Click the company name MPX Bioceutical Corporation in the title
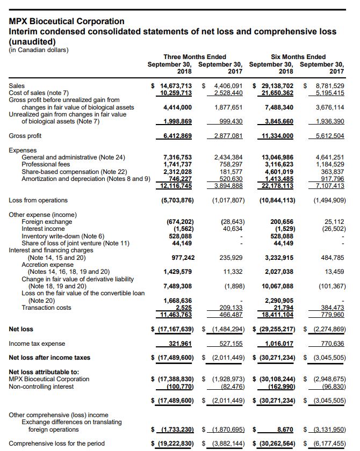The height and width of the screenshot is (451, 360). [x=67, y=21]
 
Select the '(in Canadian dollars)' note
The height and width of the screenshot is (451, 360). [x=39, y=50]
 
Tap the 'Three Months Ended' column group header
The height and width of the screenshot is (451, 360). [x=195, y=57]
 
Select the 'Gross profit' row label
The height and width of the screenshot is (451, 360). [x=25, y=136]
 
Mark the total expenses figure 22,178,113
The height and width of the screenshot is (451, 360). [x=277, y=185]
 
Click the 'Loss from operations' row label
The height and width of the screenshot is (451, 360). [x=39, y=200]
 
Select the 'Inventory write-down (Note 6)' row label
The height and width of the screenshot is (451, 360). [x=63, y=235]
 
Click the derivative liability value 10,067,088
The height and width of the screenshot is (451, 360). [x=277, y=286]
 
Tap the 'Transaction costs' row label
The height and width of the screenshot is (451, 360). [x=46, y=307]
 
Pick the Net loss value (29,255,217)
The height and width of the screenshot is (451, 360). [x=274, y=329]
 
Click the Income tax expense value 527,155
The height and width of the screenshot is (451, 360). [x=229, y=343]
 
